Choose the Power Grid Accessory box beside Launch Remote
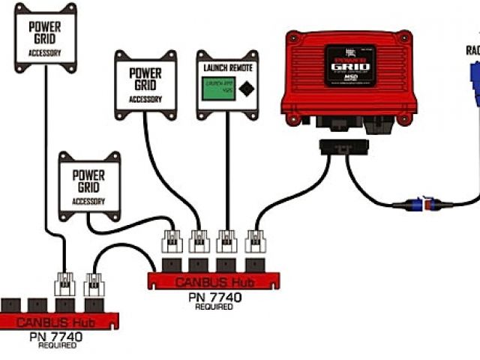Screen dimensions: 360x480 pos(145,84)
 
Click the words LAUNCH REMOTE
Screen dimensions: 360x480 pos(226,68)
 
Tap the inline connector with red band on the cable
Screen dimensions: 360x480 pos(425,203)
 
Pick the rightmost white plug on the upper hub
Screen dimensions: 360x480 pos(256,241)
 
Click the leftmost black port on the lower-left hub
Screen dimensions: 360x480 pos(10,305)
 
